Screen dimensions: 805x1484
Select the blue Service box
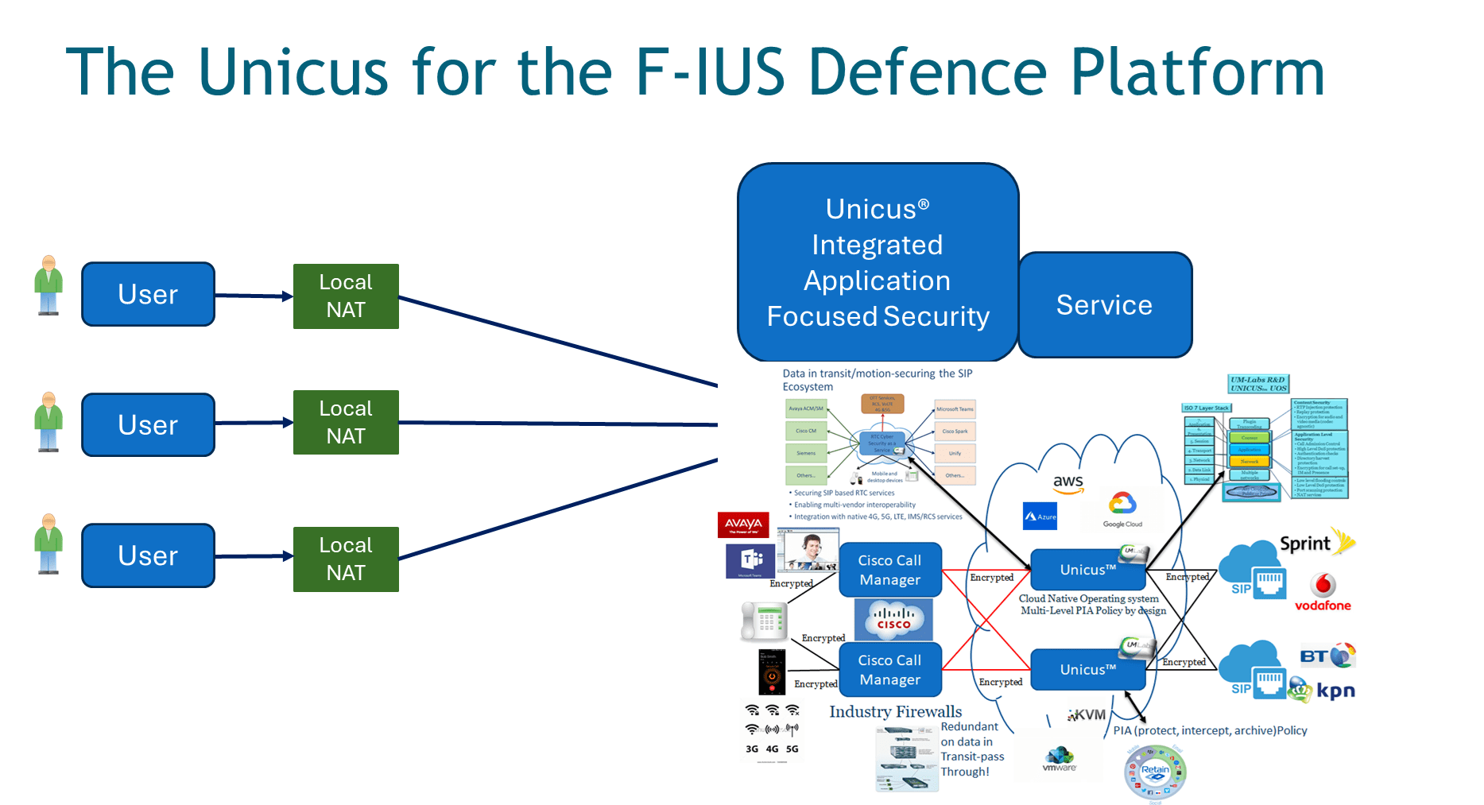(x=1104, y=305)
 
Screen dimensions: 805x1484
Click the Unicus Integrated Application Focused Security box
(x=878, y=262)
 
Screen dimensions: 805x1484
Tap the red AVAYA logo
(x=743, y=524)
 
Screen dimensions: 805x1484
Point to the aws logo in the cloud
(x=1067, y=483)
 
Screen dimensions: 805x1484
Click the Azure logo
(x=1040, y=516)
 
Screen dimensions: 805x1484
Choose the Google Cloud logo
(x=1122, y=509)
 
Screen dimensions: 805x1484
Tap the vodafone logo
(x=1323, y=593)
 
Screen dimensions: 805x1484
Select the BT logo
(x=1327, y=656)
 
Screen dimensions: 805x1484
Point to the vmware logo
(x=1060, y=759)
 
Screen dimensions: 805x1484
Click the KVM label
(x=1087, y=714)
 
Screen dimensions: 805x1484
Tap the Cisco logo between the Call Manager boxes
(x=893, y=619)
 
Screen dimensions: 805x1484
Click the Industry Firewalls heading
(x=895, y=711)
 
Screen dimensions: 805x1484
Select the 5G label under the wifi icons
(x=792, y=749)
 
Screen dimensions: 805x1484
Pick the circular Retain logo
(x=1155, y=772)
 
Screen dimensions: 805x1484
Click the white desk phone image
(x=764, y=621)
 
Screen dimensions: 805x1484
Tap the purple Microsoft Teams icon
(x=750, y=561)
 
